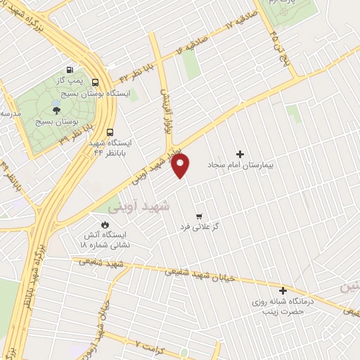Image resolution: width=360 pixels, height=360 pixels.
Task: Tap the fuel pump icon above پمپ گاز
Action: point(69,70)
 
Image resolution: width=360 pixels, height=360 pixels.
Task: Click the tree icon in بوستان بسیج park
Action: point(56,110)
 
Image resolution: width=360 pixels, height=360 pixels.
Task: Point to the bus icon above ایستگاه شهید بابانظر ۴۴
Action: point(110,131)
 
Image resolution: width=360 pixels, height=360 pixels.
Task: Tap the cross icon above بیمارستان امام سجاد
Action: point(240,154)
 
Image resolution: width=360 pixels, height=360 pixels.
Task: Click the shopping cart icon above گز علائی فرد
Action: point(199,216)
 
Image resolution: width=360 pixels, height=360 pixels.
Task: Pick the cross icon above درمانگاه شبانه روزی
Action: point(283,290)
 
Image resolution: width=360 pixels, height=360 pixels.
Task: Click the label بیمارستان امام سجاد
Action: point(240,165)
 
